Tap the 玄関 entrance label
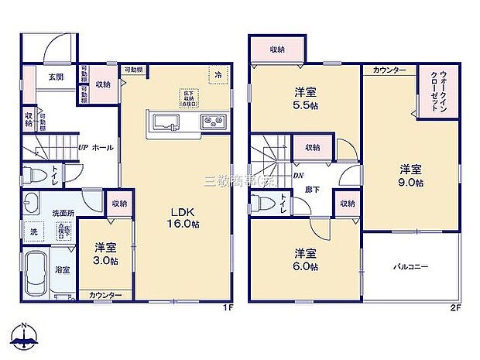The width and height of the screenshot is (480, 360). (55, 77)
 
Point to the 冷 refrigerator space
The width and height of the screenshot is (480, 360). (218, 75)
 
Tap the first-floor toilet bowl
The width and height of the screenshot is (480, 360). (32, 175)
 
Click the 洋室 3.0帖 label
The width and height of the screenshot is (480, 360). (107, 254)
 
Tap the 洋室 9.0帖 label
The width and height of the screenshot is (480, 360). (411, 176)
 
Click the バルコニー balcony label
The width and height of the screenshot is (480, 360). (410, 267)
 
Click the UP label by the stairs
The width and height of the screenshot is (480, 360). (81, 147)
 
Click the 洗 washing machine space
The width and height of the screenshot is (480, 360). (34, 231)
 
